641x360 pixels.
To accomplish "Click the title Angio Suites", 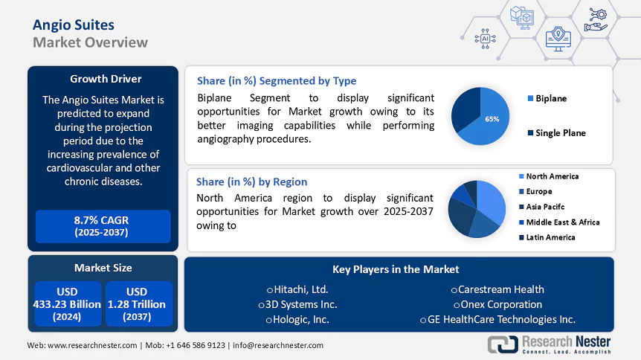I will (x=74, y=24).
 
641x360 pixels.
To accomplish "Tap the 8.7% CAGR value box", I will (x=103, y=226).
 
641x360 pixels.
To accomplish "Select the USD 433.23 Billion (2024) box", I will (x=67, y=303).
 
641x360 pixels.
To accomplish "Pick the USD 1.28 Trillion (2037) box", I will (x=137, y=303).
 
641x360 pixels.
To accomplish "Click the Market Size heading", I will (x=103, y=268).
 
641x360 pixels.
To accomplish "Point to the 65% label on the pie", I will (x=492, y=118).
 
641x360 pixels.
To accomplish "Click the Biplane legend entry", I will (x=551, y=98).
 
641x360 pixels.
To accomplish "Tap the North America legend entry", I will (x=552, y=176).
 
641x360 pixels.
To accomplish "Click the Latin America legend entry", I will (x=550, y=237).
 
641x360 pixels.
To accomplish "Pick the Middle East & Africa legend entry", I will (x=562, y=222).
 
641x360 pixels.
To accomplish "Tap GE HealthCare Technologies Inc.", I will (x=500, y=319).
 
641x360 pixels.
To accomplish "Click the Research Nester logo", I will (x=549, y=344).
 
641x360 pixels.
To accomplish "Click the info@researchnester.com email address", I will (x=278, y=345).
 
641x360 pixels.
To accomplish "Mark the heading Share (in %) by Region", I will (x=251, y=181).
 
